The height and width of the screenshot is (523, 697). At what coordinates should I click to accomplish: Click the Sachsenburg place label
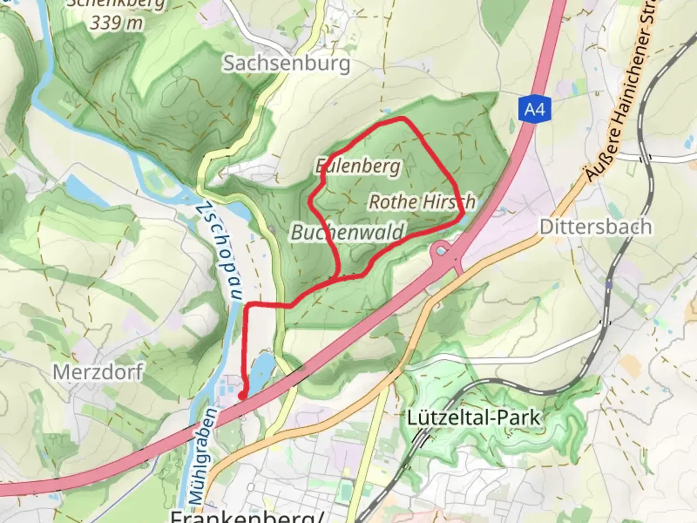click(287, 63)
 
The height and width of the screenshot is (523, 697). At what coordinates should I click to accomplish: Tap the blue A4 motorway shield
click(534, 110)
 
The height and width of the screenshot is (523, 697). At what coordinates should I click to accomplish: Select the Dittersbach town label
click(595, 227)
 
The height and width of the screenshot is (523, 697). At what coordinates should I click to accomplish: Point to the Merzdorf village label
click(98, 372)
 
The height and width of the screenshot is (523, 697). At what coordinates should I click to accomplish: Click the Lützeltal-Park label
click(473, 417)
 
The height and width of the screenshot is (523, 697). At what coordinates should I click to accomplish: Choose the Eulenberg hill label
click(358, 166)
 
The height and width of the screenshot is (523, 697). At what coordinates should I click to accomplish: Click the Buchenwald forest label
click(347, 232)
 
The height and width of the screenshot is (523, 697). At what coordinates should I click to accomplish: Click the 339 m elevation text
click(117, 23)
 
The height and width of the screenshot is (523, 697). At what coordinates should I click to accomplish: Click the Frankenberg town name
click(247, 516)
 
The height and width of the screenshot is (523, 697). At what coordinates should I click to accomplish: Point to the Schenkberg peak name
click(116, 4)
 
